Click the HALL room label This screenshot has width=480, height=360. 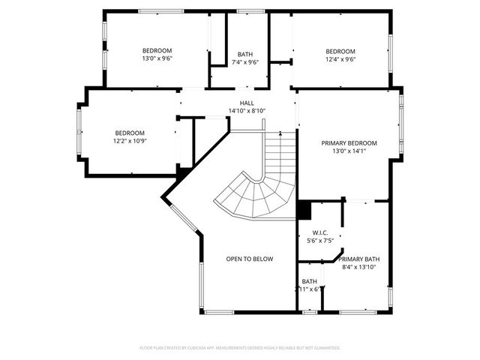click(x=247, y=103)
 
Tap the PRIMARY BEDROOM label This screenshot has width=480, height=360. click(x=349, y=143)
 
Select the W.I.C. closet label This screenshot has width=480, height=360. click(x=319, y=232)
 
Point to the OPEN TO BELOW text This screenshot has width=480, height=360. click(x=250, y=259)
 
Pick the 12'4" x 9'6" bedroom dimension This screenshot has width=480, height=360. click(x=340, y=59)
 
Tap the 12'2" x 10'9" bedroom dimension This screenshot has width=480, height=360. click(x=130, y=140)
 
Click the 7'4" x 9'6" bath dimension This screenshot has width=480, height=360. click(x=244, y=62)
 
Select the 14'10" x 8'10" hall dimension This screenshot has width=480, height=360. click(x=247, y=111)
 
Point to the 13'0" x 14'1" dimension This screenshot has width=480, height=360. click(x=349, y=151)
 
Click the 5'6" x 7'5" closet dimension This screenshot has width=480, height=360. click(x=319, y=241)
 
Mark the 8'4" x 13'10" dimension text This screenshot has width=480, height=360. click(x=358, y=267)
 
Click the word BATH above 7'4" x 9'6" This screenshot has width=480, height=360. click(x=244, y=54)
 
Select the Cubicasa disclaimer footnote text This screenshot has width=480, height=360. click(x=240, y=348)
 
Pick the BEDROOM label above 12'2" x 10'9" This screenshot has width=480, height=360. click(x=130, y=133)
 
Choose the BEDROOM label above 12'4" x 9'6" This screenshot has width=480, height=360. click(x=340, y=51)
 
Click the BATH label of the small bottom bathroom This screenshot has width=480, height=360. click(x=310, y=281)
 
